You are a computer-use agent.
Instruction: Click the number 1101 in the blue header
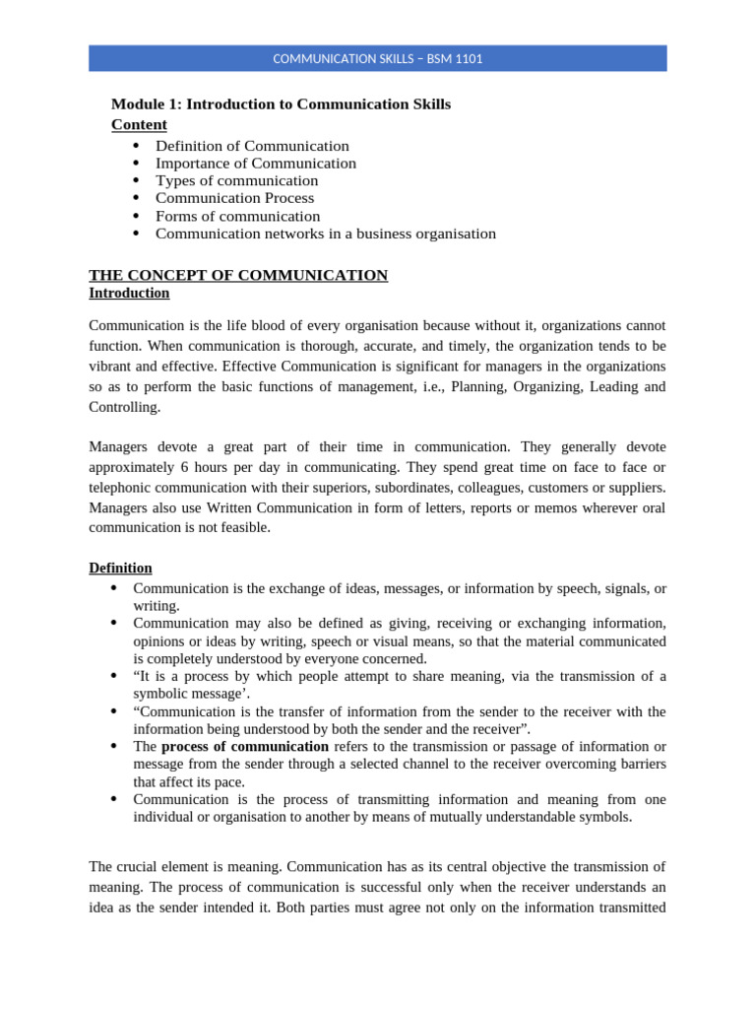[467, 59]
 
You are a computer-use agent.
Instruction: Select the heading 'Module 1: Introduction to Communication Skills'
[281, 104]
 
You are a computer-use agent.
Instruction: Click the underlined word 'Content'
[139, 124]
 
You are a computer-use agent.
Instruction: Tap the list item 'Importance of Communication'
[256, 164]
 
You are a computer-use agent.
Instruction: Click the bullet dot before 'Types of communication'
[135, 181]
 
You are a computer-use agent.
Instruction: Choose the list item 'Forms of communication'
[237, 217]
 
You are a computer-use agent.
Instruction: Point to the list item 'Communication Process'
[235, 199]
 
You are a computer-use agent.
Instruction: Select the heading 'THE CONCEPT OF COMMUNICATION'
[238, 276]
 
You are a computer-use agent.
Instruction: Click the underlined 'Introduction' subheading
[129, 294]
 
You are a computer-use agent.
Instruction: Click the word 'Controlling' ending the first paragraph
[122, 407]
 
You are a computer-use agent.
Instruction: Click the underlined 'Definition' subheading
[120, 569]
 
